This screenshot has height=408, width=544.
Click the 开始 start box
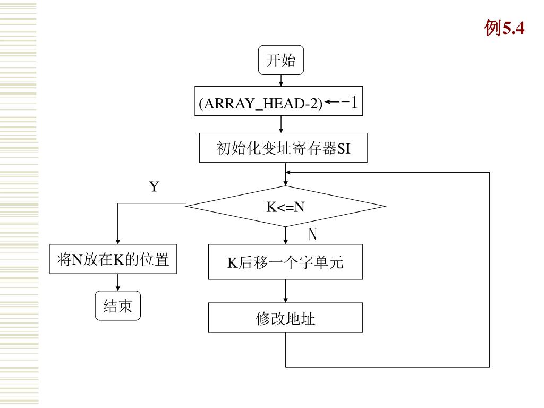[x=281, y=60]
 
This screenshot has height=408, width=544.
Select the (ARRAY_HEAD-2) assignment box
[x=278, y=101]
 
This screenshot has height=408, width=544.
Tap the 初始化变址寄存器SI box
[x=283, y=148]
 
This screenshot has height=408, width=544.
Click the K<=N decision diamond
[x=285, y=207]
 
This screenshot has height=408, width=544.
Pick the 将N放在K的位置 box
[x=113, y=259]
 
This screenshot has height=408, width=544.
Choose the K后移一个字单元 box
[x=285, y=262]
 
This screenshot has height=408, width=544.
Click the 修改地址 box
[x=285, y=318]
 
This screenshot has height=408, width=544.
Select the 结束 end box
[x=118, y=305]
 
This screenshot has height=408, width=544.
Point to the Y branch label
[x=154, y=186]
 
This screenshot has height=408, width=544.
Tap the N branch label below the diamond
[x=312, y=234]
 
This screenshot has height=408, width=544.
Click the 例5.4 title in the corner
[x=505, y=28]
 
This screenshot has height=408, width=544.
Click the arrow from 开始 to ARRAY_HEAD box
[x=281, y=81]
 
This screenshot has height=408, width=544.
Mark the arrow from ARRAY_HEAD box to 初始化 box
[x=281, y=124]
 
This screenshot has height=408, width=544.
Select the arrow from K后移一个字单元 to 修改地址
[x=285, y=291]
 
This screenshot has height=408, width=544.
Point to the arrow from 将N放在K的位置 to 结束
[x=118, y=283]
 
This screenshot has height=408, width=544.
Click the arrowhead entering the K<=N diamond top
[x=285, y=183]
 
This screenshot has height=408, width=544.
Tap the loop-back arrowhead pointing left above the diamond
[x=288, y=172]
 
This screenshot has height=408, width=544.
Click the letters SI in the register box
[x=344, y=149]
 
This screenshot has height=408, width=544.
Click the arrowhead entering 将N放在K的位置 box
[x=118, y=242]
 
